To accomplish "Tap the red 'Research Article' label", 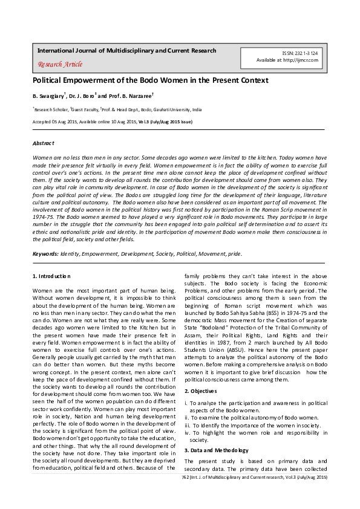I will pyautogui.click(x=60, y=64).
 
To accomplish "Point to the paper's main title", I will pyautogui.click(x=150, y=80).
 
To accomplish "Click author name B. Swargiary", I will pyautogui.click(x=48, y=96).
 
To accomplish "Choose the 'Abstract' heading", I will pyautogui.click(x=43, y=143).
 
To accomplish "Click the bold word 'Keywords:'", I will pyautogui.click(x=45, y=254).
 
